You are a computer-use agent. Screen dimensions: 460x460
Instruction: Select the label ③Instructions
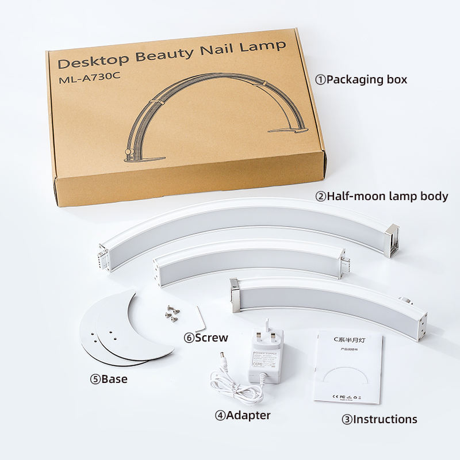[x=379, y=419]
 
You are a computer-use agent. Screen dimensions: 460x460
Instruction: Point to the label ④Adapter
[x=243, y=415]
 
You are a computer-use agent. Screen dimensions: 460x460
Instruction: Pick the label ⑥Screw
[x=206, y=338]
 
